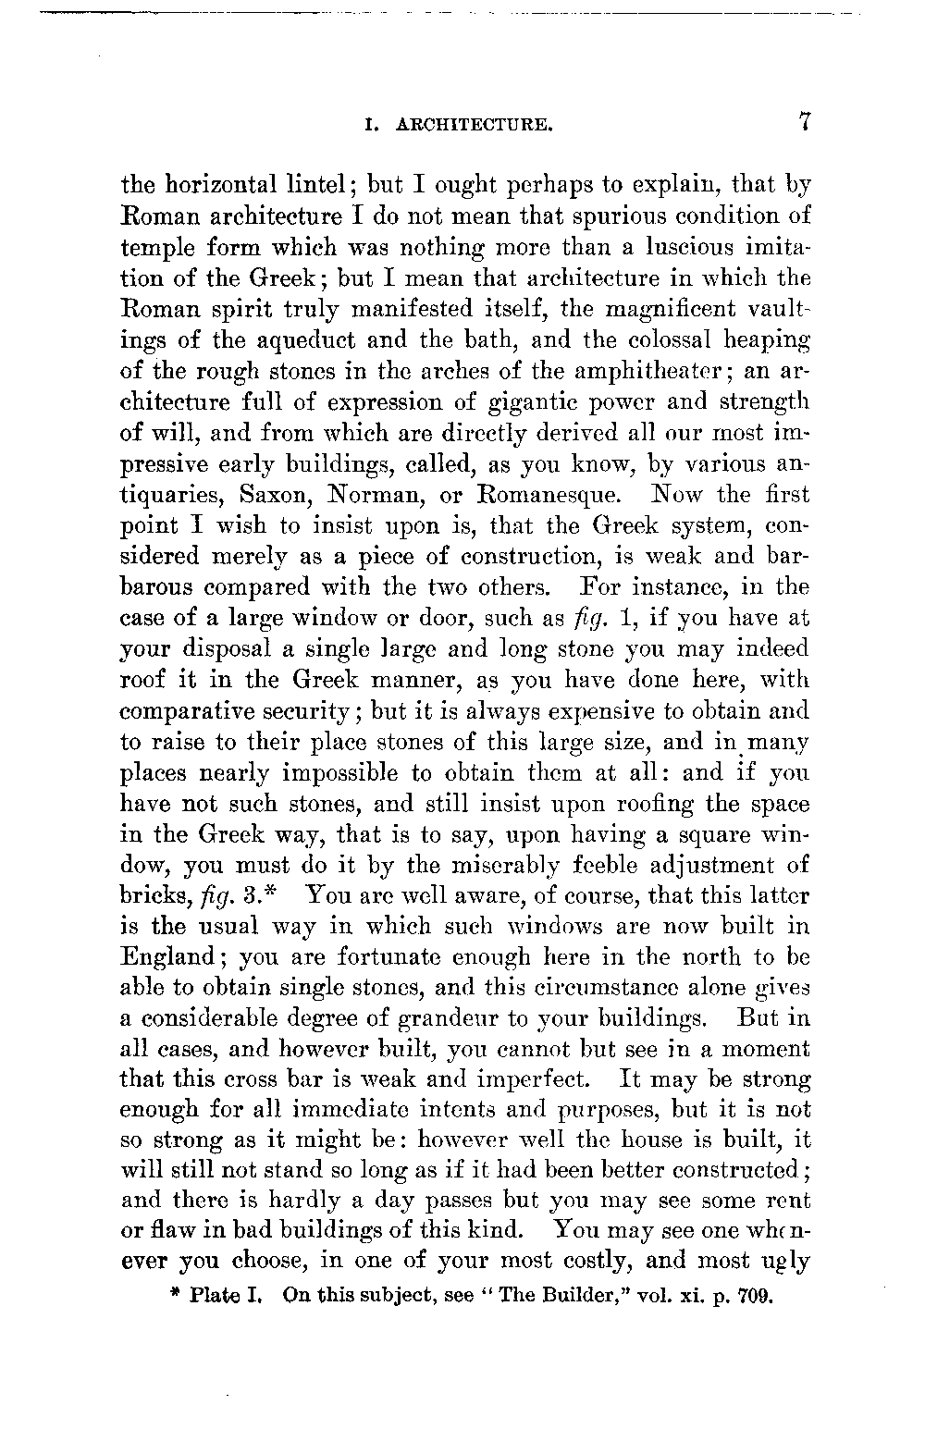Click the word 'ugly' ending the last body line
click(786, 1262)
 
